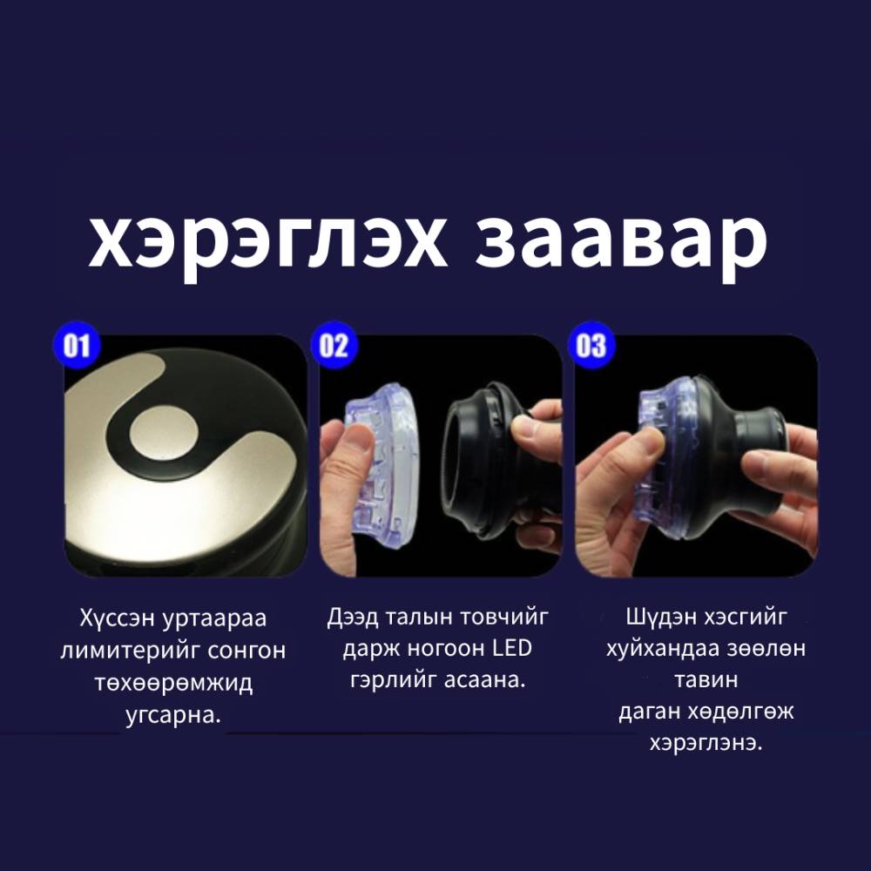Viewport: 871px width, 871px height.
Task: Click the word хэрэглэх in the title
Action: [x=267, y=241]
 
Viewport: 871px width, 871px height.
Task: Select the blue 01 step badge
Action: [x=77, y=346]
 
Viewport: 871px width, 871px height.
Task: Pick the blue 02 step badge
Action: [x=334, y=346]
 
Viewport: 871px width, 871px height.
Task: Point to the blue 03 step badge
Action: [x=591, y=346]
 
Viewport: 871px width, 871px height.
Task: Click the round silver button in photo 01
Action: [x=164, y=433]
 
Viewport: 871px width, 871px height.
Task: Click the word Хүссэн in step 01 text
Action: [x=118, y=618]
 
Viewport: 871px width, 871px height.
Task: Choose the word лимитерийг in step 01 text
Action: [x=123, y=650]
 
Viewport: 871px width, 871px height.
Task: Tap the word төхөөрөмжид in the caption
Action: [x=173, y=682]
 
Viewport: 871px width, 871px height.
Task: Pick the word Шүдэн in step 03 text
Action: [x=658, y=617]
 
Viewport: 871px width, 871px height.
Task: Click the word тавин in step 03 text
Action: [x=706, y=680]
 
